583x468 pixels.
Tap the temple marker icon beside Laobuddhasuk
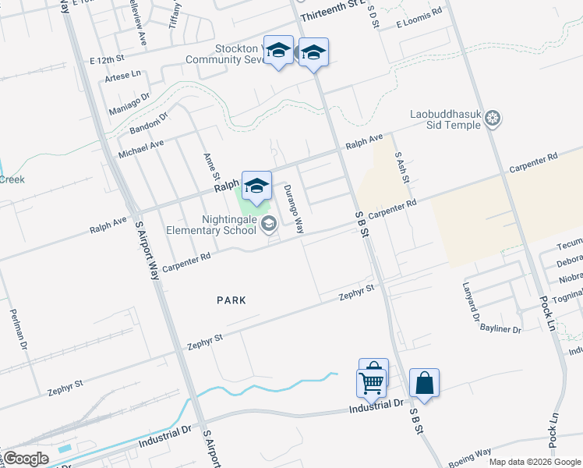(x=493, y=119)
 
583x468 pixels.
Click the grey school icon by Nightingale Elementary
(x=269, y=225)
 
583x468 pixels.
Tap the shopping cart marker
(x=372, y=382)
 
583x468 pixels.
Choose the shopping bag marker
(x=424, y=383)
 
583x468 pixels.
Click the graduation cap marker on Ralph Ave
(x=256, y=186)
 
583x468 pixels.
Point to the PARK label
(x=231, y=300)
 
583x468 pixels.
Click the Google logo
(x=26, y=459)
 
